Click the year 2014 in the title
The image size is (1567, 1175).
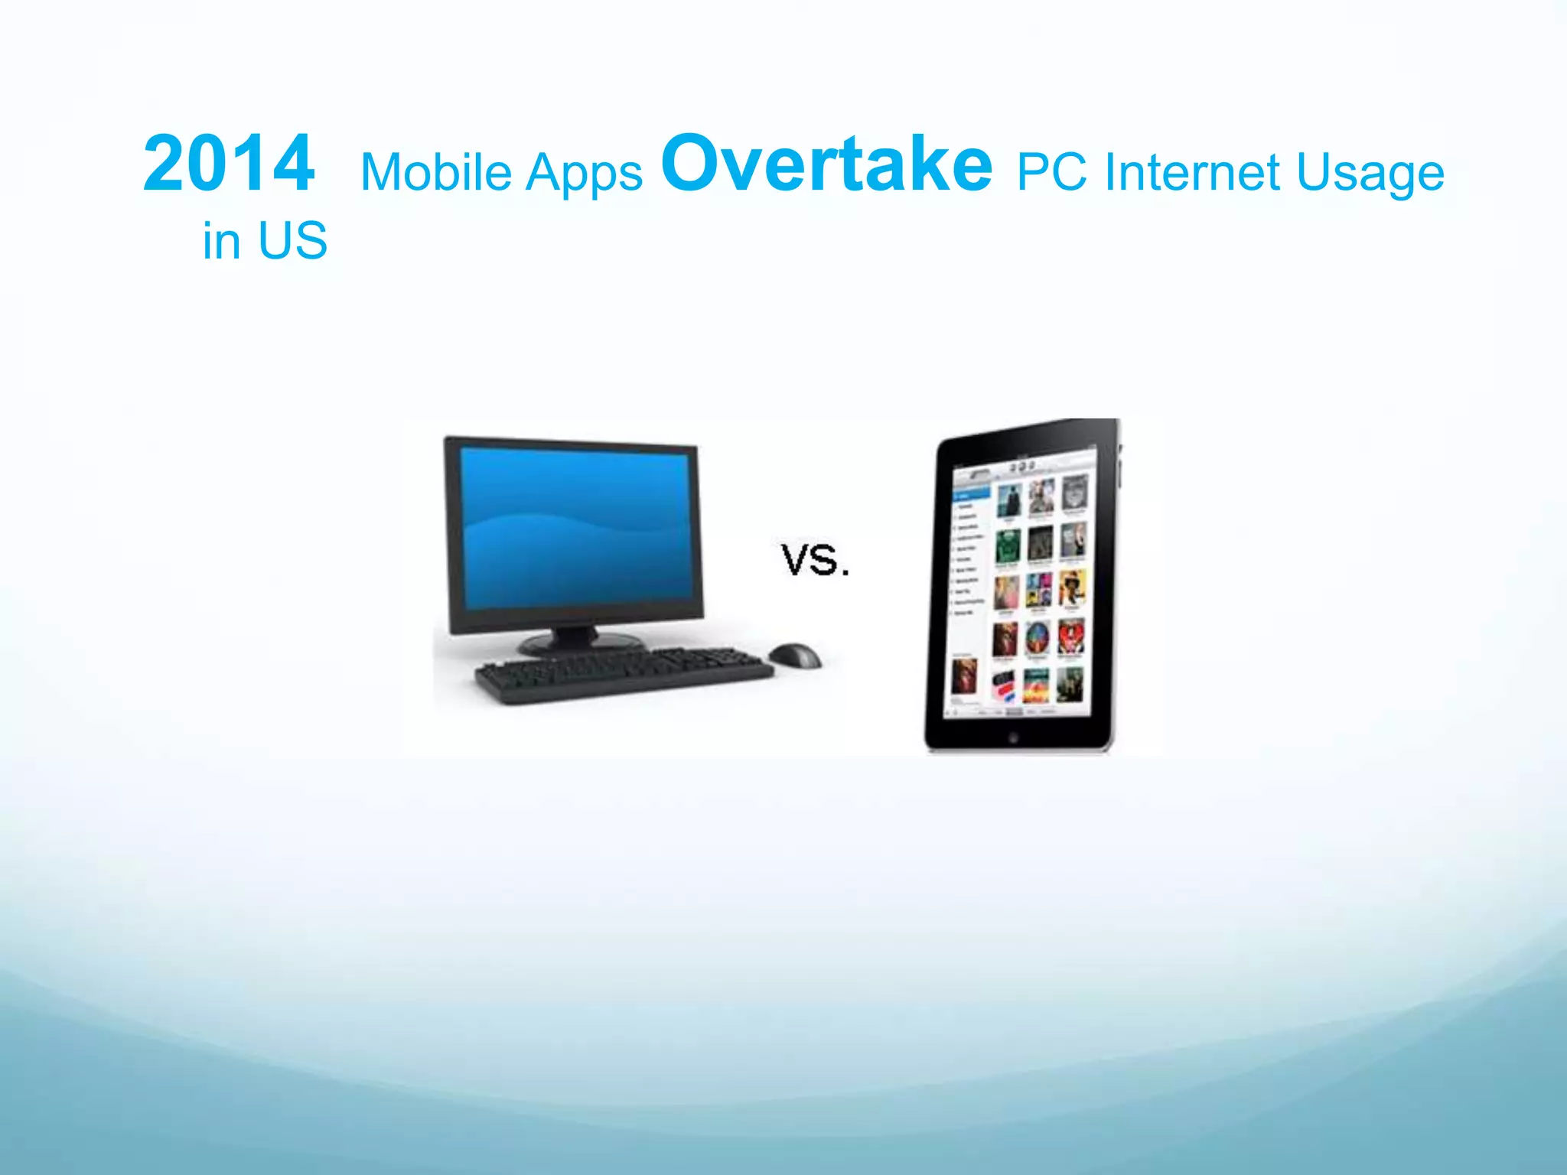228,164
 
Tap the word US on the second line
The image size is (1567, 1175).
292,241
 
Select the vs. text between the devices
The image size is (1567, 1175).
815,560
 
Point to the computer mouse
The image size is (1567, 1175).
796,655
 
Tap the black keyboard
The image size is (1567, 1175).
624,673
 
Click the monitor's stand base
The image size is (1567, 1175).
579,644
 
